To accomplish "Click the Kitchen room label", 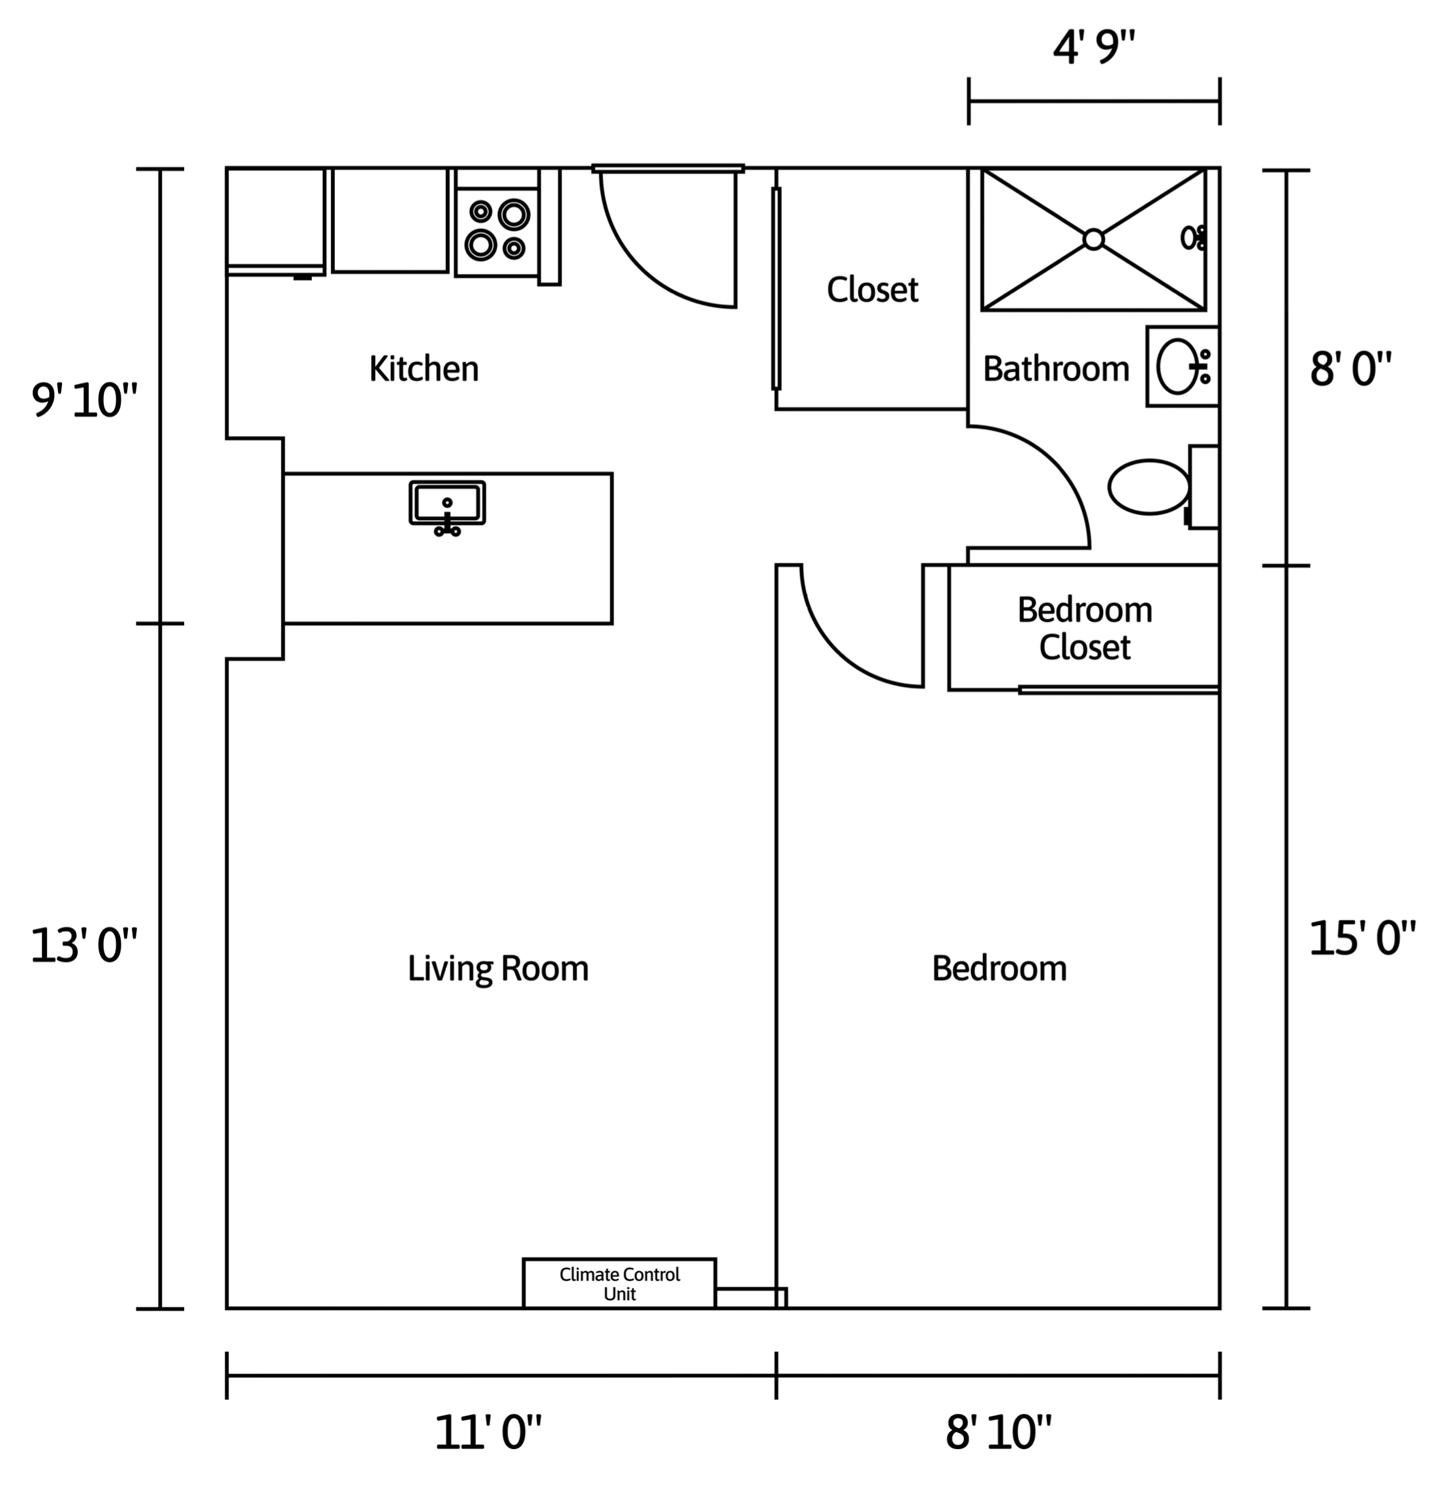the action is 424,369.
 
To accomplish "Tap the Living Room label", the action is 498,969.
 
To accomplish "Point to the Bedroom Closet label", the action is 1085,628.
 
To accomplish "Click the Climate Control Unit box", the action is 619,1283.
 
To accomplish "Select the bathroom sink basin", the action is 1177,367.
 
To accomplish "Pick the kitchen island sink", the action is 447,502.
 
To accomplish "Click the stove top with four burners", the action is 497,232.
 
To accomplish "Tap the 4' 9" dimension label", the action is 1094,48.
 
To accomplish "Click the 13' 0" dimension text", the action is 84,947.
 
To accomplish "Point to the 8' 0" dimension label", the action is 1351,369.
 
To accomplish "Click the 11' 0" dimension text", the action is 488,1433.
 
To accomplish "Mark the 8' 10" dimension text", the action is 999,1433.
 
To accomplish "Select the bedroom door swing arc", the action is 835,653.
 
